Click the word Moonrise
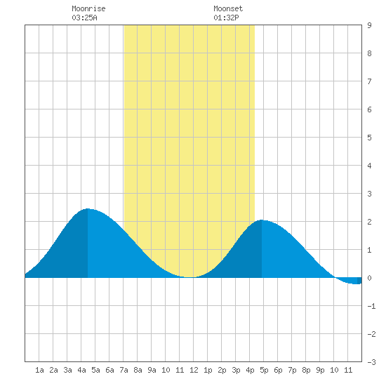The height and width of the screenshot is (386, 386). click(x=88, y=8)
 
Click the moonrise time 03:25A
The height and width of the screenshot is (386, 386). click(x=84, y=18)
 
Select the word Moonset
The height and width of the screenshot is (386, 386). click(x=228, y=8)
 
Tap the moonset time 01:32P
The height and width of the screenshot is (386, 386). click(x=226, y=18)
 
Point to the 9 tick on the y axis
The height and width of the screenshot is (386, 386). click(x=369, y=25)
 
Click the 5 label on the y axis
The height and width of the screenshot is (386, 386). click(x=369, y=138)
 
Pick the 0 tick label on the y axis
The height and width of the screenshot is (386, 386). click(x=369, y=278)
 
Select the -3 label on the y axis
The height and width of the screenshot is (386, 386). click(x=371, y=362)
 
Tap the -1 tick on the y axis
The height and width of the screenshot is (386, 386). click(x=371, y=306)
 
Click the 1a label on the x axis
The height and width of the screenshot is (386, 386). click(x=39, y=370)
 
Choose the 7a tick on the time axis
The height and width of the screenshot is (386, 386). click(x=124, y=370)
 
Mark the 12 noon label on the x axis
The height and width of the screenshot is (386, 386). click(x=194, y=370)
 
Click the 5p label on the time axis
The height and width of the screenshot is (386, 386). click(x=264, y=370)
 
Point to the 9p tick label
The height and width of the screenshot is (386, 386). click(x=320, y=370)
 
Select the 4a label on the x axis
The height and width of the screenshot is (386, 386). click(x=81, y=370)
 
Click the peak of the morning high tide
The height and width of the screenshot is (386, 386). click(x=88, y=208)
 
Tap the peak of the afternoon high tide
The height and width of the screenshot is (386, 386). click(x=262, y=220)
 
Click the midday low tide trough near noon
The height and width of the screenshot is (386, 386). click(x=189, y=277)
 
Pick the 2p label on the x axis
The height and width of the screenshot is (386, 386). click(x=222, y=370)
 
